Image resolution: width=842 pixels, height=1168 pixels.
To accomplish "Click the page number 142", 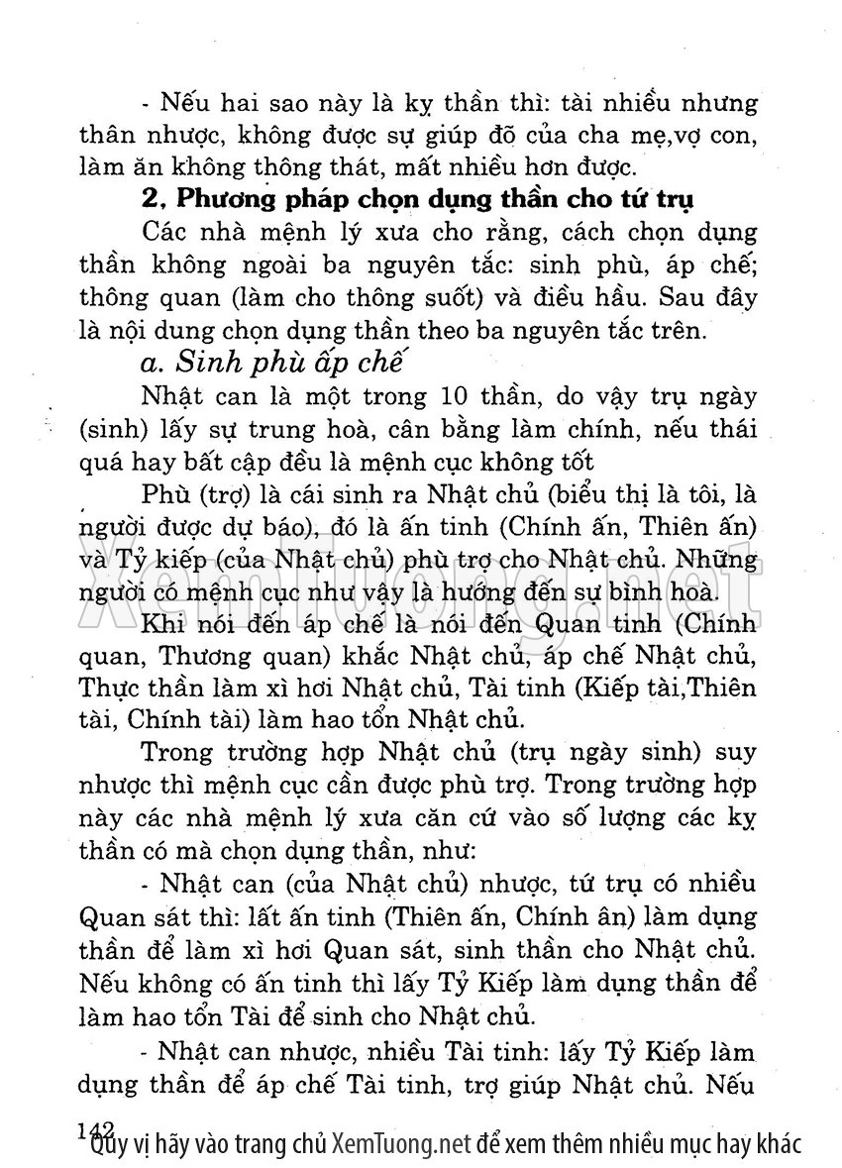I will coord(96,1130).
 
